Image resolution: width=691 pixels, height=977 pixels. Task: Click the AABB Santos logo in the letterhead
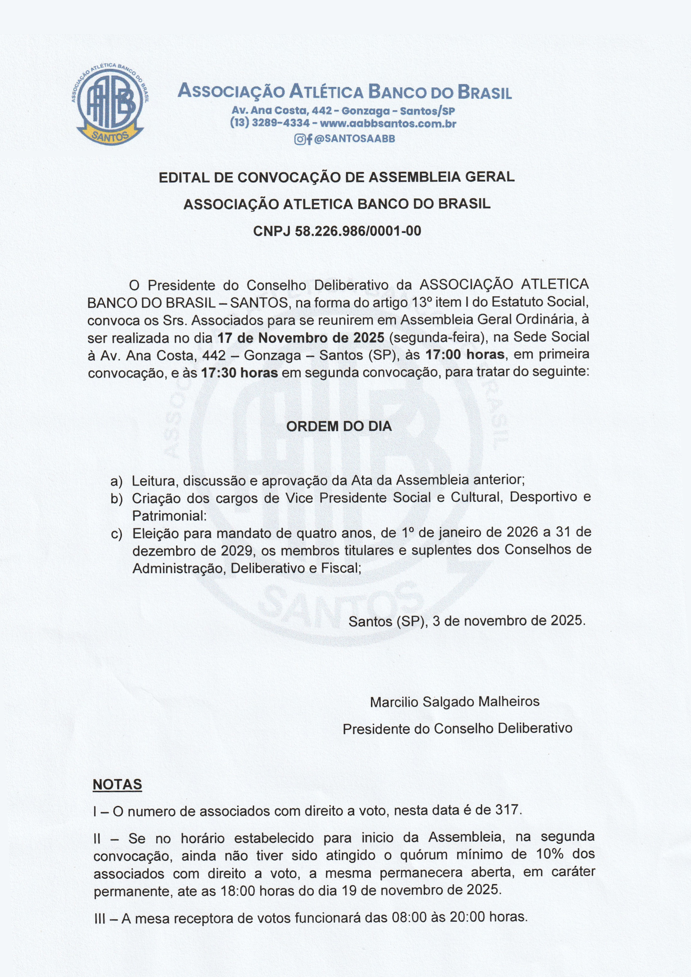pos(110,104)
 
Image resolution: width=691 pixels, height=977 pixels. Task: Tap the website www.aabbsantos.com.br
pos(388,124)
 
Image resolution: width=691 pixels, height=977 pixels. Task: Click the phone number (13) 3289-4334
pos(270,124)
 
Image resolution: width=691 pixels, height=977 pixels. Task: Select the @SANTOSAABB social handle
pos(354,139)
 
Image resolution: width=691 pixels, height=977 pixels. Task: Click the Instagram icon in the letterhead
pos(299,139)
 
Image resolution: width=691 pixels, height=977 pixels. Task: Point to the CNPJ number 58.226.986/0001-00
pos(358,231)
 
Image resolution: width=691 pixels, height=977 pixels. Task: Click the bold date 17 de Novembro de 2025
pos(301,338)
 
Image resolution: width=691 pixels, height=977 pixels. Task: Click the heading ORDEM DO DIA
pos(339,426)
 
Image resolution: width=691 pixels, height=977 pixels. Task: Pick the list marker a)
pos(117,482)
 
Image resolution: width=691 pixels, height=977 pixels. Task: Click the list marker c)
pos(117,534)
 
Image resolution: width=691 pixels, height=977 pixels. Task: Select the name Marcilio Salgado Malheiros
pos(454,702)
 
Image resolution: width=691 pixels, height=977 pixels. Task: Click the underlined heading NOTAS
pos(117,785)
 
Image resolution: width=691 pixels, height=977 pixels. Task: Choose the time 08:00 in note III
pos(410,917)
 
